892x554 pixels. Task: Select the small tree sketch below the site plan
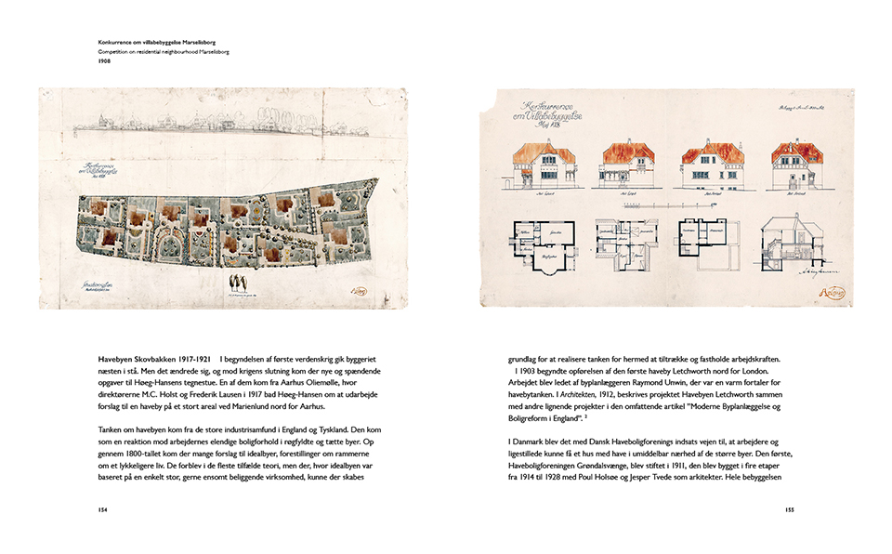click(x=239, y=282)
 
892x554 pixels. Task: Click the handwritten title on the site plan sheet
click(x=94, y=172)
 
